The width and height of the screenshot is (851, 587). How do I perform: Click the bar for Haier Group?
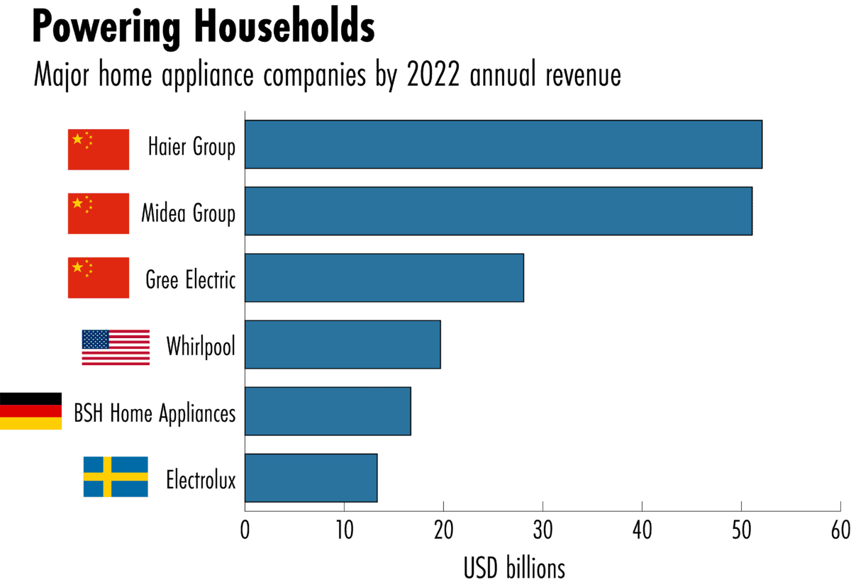503,145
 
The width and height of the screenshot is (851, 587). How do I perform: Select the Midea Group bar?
498,211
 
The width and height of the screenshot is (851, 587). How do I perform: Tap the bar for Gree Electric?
384,278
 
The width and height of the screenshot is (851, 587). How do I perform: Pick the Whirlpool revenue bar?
343,345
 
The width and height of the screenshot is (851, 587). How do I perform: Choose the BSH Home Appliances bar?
328,411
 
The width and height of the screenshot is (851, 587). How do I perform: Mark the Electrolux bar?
311,478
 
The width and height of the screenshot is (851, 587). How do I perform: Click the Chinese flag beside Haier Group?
99,150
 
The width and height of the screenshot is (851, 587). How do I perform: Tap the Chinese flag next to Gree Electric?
99,278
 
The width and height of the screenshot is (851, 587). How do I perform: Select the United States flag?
116,347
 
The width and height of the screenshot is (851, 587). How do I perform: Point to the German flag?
30,411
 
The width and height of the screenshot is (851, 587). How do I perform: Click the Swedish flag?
116,476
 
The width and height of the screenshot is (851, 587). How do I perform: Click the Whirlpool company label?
201,347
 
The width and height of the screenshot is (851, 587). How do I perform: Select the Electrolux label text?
201,480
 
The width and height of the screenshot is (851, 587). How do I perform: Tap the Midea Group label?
188,213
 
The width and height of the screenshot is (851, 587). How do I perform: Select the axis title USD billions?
515,568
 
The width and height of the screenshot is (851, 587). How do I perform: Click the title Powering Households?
203,28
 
